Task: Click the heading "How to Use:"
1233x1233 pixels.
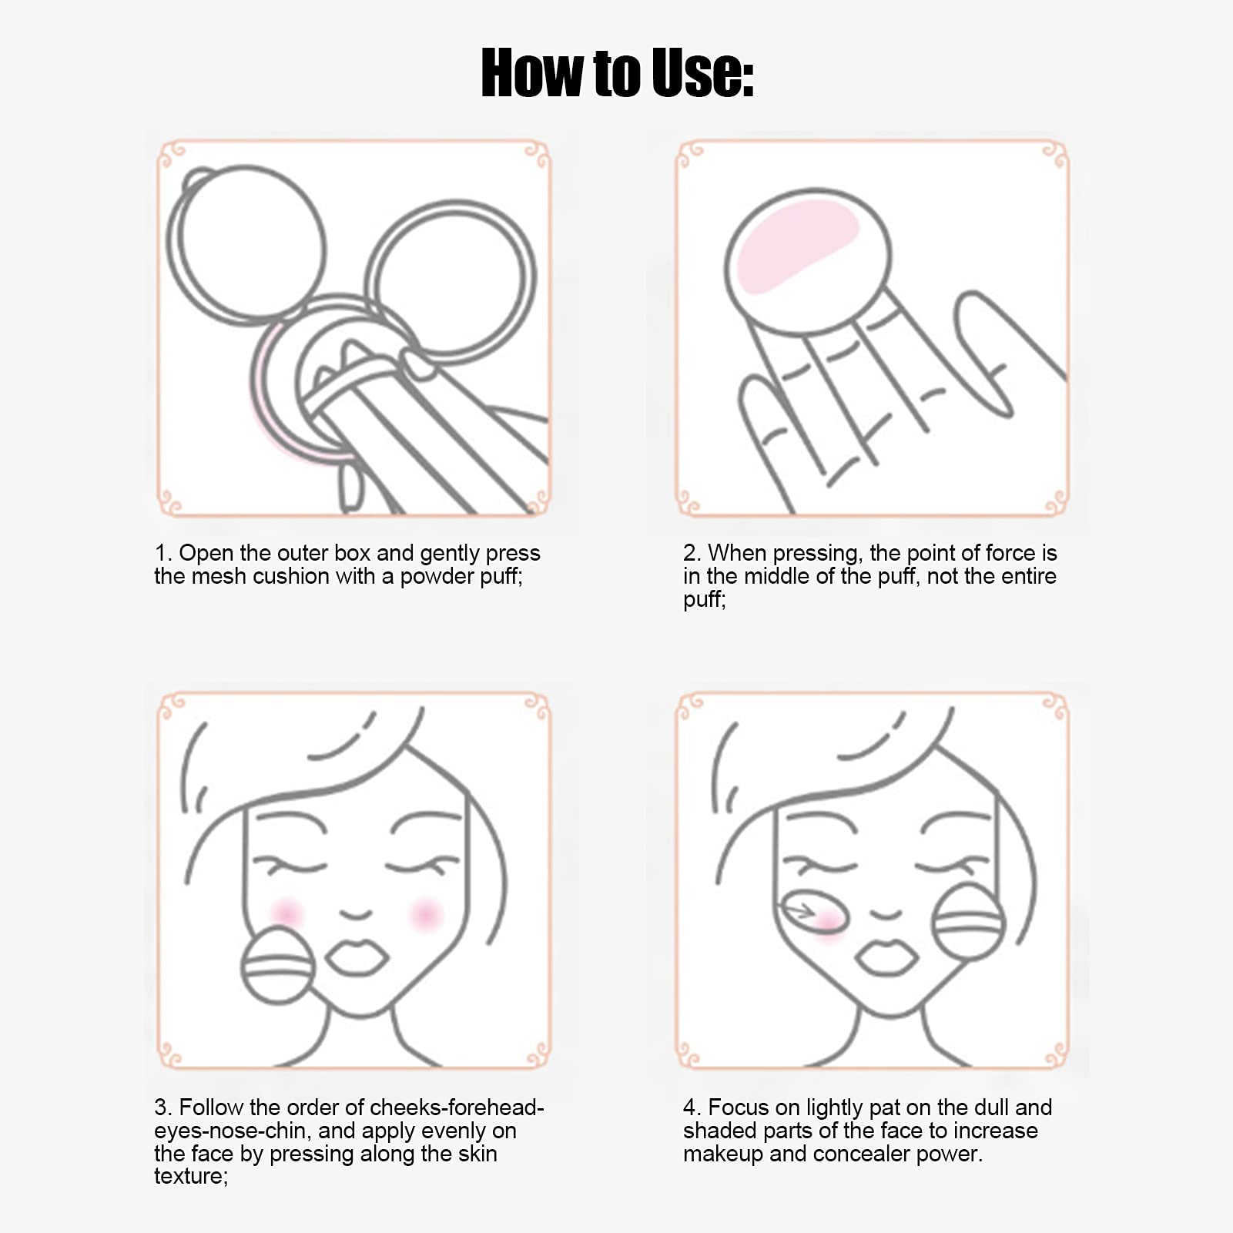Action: click(x=617, y=72)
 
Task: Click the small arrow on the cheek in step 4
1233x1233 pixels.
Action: click(x=798, y=911)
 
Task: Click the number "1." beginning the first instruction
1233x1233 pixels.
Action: click(x=163, y=553)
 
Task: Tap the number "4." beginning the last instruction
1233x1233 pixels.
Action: click(x=692, y=1107)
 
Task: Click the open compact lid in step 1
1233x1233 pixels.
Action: click(x=246, y=241)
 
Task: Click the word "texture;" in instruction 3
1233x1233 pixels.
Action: click(x=191, y=1176)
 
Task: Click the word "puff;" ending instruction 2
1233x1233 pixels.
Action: click(x=704, y=600)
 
